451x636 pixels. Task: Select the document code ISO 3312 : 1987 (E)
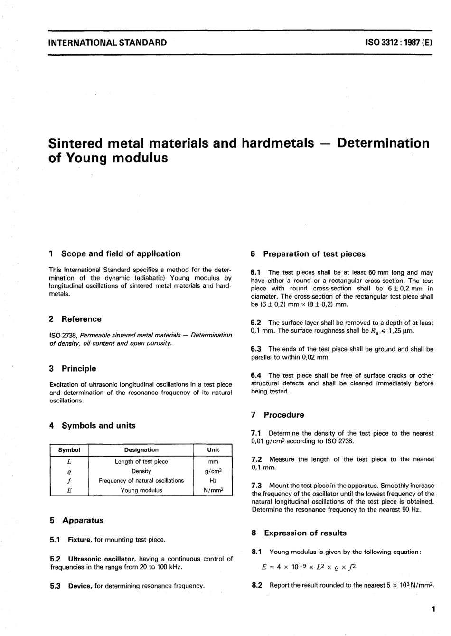398,42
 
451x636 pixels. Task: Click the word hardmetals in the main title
278,143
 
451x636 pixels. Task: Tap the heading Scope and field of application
121,253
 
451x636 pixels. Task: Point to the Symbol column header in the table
69,450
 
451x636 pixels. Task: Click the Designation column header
141,450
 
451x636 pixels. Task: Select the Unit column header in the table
213,450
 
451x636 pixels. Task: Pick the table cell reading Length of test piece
141,461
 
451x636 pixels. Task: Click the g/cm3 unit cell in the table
213,471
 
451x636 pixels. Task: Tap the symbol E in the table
69,491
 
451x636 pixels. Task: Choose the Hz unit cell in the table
213,481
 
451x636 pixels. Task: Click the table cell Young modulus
141,491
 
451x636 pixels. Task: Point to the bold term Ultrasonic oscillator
98,559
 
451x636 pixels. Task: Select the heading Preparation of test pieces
314,254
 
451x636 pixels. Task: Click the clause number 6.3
256,349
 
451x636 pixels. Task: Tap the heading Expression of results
305,533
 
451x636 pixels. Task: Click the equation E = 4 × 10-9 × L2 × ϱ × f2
309,567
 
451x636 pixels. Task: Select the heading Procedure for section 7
284,415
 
